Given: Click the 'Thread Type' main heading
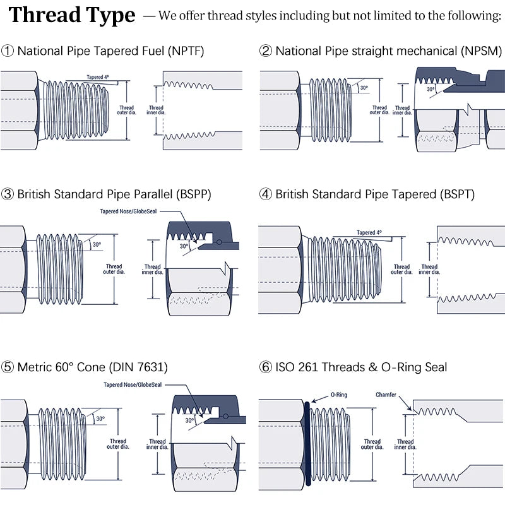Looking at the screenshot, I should point(72,15).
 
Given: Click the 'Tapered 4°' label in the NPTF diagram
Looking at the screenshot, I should point(98,77).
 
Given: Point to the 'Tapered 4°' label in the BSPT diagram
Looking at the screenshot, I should point(369,233).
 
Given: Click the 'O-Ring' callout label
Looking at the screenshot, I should point(339,395).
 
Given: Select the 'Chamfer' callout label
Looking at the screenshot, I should point(386,395).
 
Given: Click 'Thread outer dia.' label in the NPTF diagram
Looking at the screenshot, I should point(127,111).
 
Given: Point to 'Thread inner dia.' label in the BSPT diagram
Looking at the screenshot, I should point(429,270).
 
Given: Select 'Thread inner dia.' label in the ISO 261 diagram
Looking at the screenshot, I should point(405,444).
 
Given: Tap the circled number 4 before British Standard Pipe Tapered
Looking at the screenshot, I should point(266,194).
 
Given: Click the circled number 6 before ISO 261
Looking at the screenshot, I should point(266,367).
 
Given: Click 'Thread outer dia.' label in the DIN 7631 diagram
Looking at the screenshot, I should point(117,444).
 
